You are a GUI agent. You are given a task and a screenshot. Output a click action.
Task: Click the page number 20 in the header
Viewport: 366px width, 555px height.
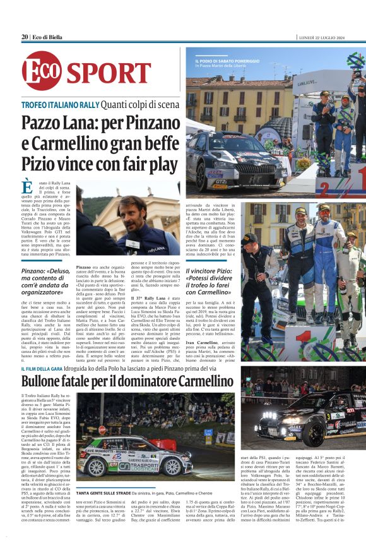pos(25,37)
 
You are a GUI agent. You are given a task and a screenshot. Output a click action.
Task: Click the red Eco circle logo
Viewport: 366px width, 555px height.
pos(42,71)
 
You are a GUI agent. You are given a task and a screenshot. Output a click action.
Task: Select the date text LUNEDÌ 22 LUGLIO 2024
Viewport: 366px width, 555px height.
pos(330,37)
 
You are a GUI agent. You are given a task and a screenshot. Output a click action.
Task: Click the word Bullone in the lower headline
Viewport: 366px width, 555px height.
pos(47,381)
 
